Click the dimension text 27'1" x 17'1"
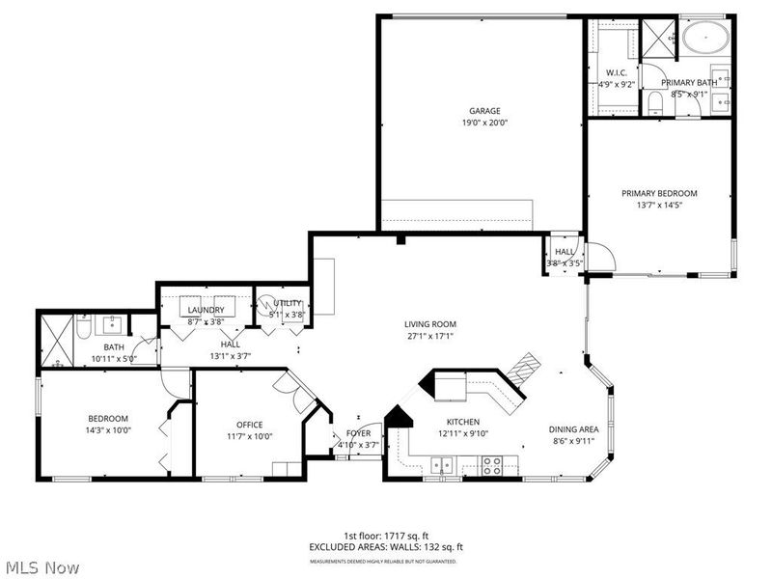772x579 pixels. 430,337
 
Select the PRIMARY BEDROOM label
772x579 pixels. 658,193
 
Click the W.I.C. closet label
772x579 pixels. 617,73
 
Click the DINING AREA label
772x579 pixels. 574,429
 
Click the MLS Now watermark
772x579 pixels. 42,567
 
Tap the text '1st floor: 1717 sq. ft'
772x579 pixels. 385,536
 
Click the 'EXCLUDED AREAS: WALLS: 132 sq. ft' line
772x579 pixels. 385,548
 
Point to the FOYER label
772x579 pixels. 358,434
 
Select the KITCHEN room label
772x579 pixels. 462,422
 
